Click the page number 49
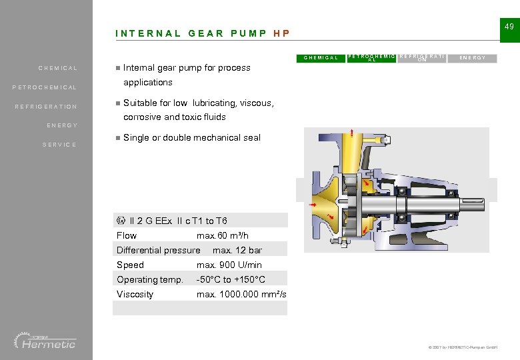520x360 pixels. pos(509,27)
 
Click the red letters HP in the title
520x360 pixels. pos(281,33)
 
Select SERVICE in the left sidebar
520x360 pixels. pos(59,145)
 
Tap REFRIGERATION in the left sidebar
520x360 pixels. pos(47,107)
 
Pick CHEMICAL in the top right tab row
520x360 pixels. pos(321,58)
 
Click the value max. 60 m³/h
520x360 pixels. pos(223,235)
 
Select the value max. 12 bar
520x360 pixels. pos(237,250)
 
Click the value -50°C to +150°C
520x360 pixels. pos(231,279)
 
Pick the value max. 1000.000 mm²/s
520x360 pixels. pos(241,294)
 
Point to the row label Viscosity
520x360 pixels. pos(135,294)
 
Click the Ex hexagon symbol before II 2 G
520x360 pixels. pos(121,221)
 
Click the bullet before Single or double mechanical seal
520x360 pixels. pos(117,138)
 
